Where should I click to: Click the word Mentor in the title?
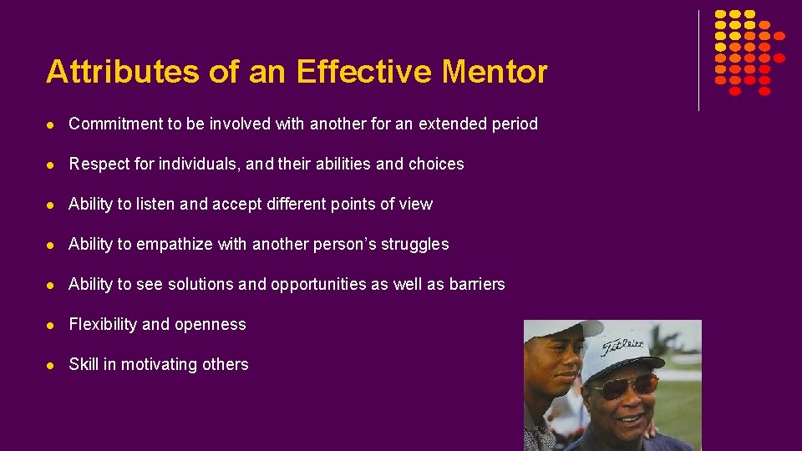pos(495,72)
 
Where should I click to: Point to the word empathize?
pos(175,245)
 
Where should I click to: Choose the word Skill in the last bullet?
pos(84,364)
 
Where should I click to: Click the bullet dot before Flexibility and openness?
pos(52,325)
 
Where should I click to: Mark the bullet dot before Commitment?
pos(52,124)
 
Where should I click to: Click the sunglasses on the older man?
pos(623,386)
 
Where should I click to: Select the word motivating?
pos(156,365)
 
